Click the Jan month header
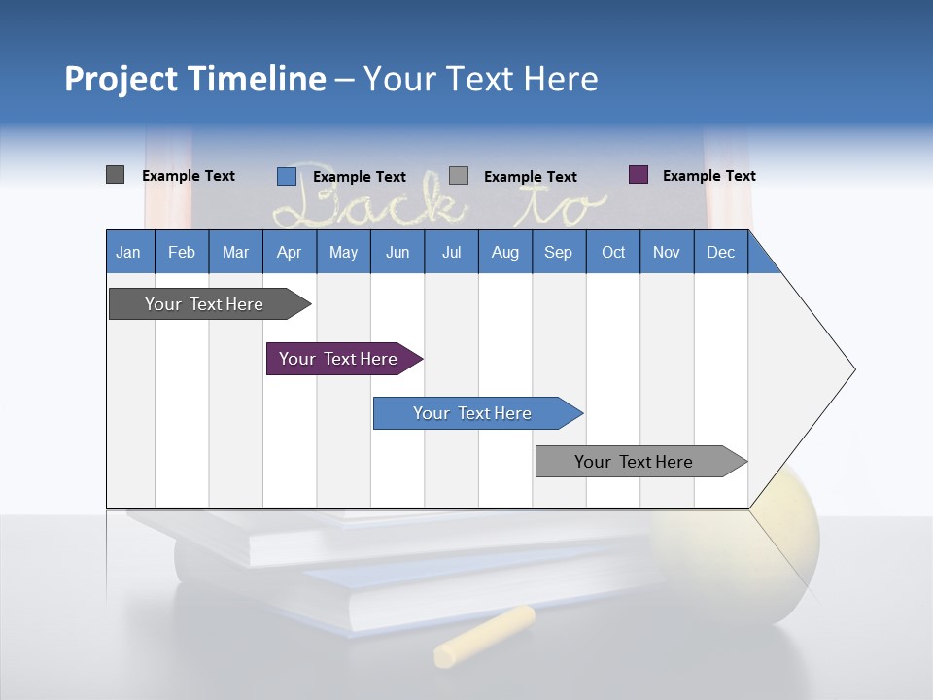coord(129,252)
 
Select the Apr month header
coord(289,252)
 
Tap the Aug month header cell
coord(504,252)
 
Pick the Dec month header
coord(720,252)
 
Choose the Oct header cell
coord(612,252)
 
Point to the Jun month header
coord(397,252)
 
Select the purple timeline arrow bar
coord(340,359)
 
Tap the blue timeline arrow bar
coord(473,413)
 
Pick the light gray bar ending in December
coord(637,462)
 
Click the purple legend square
coord(639,175)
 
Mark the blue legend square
coord(286,176)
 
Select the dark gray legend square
coord(115,175)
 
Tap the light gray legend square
coord(459,175)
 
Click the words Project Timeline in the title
coord(194,79)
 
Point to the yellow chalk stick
coord(484,637)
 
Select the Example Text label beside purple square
coord(708,176)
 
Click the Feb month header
coord(182,252)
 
